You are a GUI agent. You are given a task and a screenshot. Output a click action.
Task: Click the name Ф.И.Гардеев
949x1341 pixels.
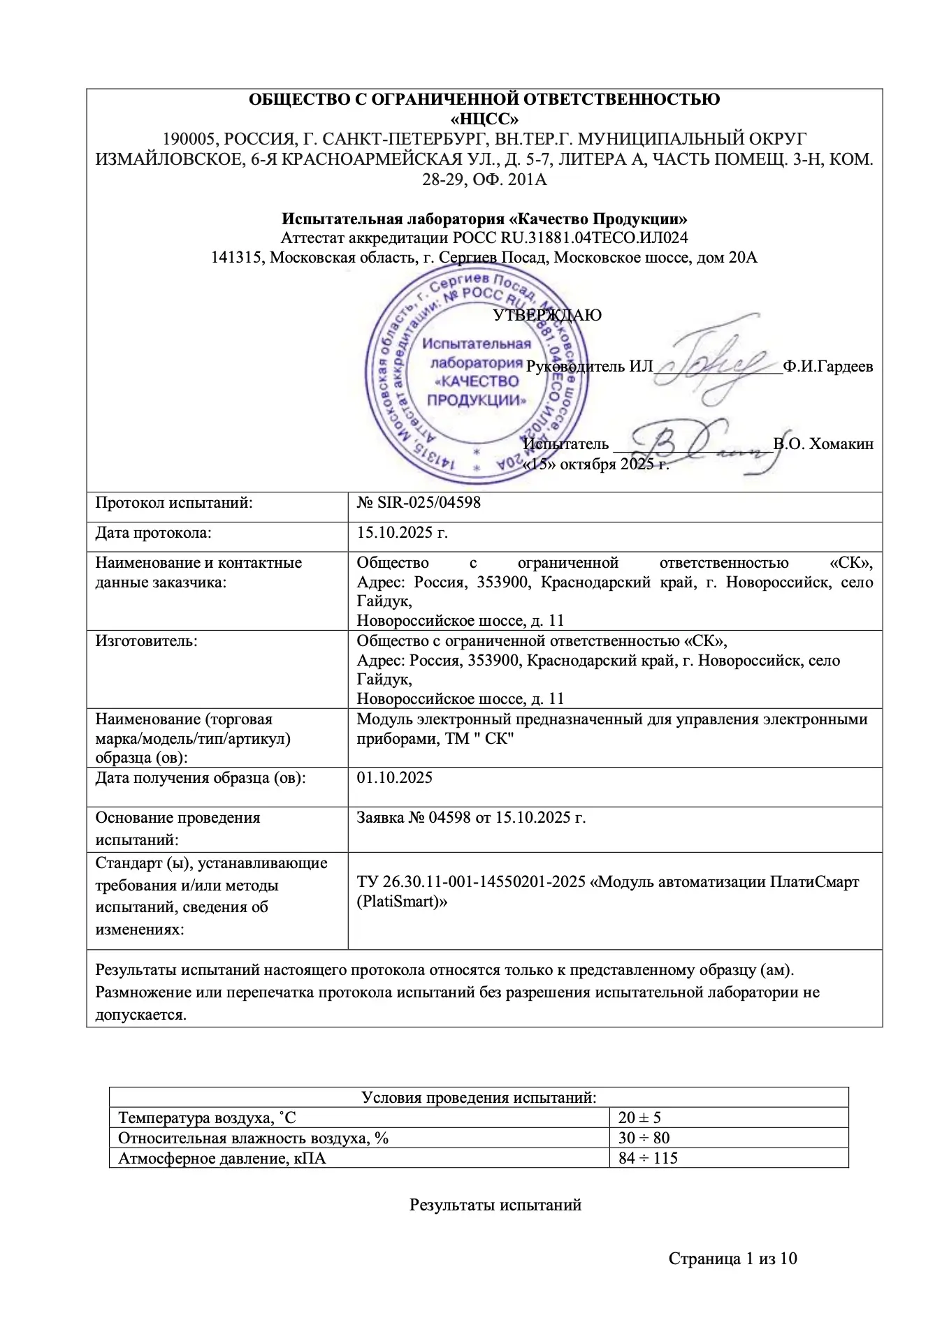828,366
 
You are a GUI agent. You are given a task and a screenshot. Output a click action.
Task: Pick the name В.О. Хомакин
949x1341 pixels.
823,444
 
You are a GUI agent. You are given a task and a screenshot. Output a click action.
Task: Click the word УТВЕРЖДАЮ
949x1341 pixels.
547,315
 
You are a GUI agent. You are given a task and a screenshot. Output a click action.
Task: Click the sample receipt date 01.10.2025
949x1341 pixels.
395,777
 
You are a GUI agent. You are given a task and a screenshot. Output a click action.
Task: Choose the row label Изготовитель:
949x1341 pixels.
146,640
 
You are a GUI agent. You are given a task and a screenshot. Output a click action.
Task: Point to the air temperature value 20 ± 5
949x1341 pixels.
639,1118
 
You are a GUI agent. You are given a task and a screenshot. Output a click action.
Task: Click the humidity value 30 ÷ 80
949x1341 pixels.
644,1138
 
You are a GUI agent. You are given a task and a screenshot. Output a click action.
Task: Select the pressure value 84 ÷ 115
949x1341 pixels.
648,1158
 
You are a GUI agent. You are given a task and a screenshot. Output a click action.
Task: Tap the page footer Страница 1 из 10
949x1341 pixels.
732,1259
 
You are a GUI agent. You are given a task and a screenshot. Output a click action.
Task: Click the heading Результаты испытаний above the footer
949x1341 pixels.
495,1205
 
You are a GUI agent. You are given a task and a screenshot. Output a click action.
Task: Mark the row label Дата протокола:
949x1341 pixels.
153,533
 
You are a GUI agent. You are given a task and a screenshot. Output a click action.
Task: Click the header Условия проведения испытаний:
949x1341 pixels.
479,1097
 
